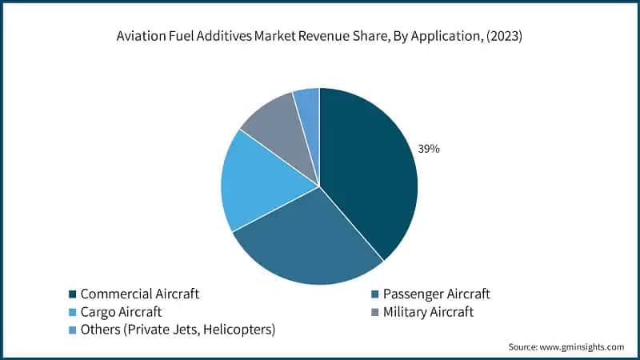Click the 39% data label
pos(428,149)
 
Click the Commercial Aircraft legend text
pos(139,294)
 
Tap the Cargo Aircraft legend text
pos(121,311)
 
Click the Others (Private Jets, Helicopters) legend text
pos(178,329)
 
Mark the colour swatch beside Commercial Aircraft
pos(71,294)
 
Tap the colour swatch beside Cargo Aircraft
pos(71,312)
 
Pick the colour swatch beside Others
pos(71,330)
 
